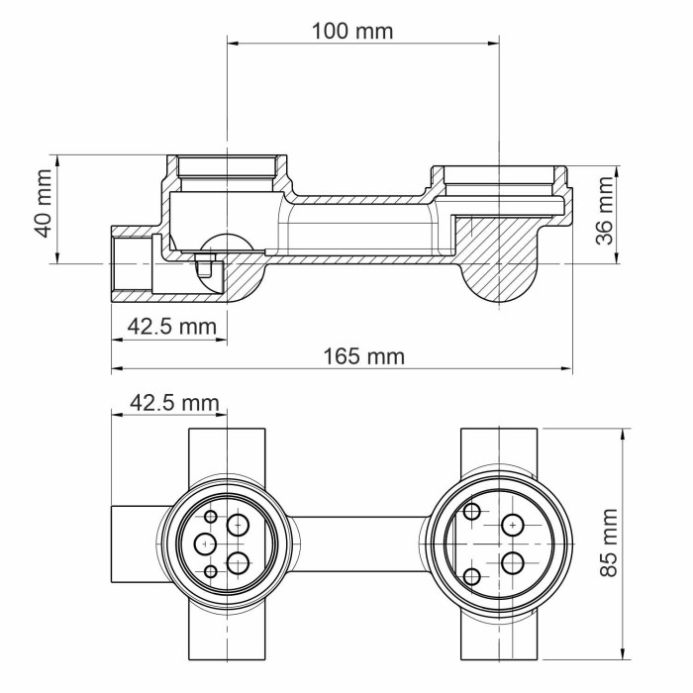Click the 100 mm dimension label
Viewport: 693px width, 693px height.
pyautogui.click(x=351, y=31)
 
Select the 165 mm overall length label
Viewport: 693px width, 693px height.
pyautogui.click(x=364, y=355)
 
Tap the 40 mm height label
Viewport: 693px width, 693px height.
pyautogui.click(x=43, y=209)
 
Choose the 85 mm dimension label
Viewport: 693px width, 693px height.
pyautogui.click(x=612, y=543)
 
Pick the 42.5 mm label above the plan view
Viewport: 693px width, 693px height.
pyautogui.click(x=173, y=403)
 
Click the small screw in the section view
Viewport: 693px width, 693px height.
pyautogui.click(x=202, y=265)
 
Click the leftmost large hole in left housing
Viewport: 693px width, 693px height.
pyautogui.click(x=205, y=544)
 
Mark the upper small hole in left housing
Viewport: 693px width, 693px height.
pyautogui.click(x=211, y=516)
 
